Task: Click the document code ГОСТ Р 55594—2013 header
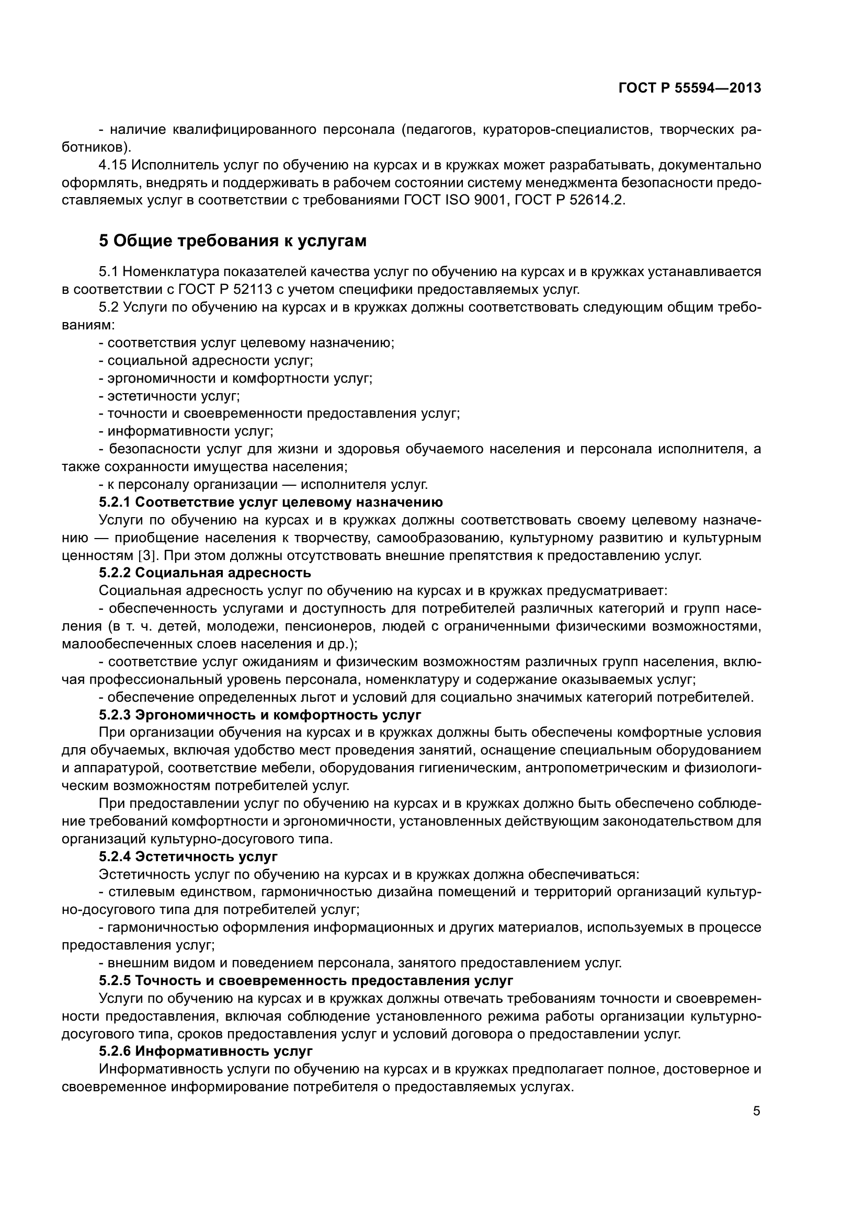(x=689, y=88)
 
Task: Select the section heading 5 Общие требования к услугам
(x=233, y=241)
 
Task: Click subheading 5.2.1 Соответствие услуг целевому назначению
(x=270, y=502)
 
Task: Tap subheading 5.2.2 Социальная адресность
(x=204, y=573)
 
